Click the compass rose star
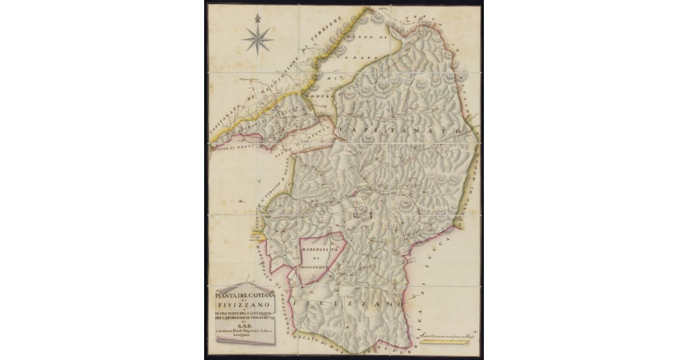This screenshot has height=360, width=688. pos(257,40)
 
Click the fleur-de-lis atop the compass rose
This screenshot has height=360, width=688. pos(257,18)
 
